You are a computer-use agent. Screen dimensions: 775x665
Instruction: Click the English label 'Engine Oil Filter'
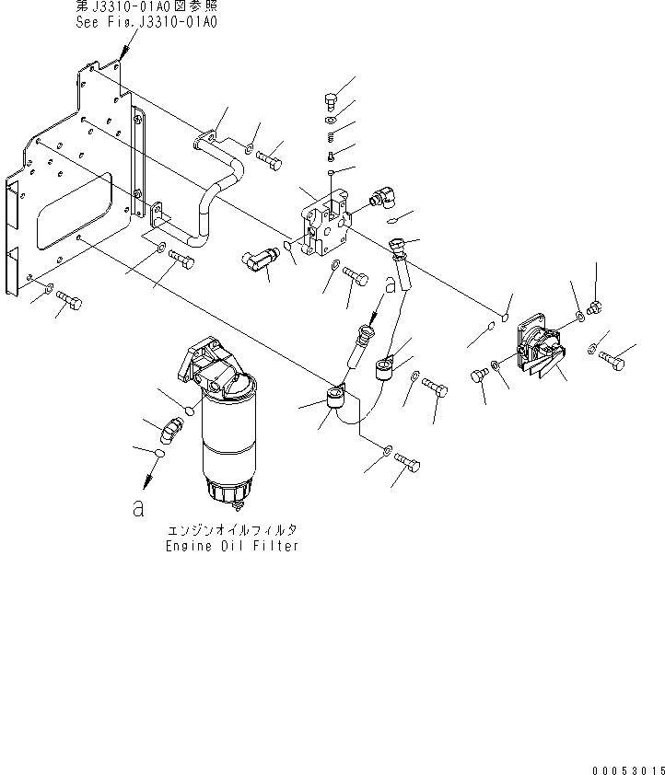tap(232, 546)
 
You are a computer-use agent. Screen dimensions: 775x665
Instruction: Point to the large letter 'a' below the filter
tap(138, 508)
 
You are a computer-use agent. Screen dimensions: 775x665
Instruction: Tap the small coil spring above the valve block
tap(332, 137)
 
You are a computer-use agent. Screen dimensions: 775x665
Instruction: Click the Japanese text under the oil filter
tap(231, 531)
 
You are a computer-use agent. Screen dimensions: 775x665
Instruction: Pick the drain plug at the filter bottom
tap(238, 505)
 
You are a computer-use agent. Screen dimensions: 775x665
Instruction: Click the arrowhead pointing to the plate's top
tap(121, 62)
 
